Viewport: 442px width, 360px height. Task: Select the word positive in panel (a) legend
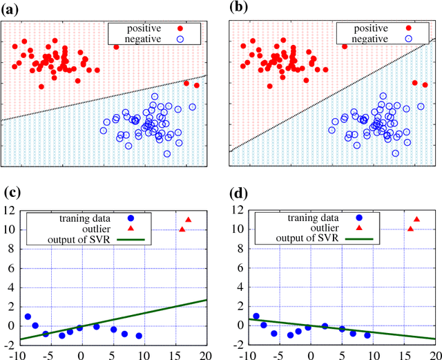144,28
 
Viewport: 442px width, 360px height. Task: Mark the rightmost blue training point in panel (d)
367,335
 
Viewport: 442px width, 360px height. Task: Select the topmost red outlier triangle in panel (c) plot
189,219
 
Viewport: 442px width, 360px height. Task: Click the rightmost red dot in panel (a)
197,86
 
